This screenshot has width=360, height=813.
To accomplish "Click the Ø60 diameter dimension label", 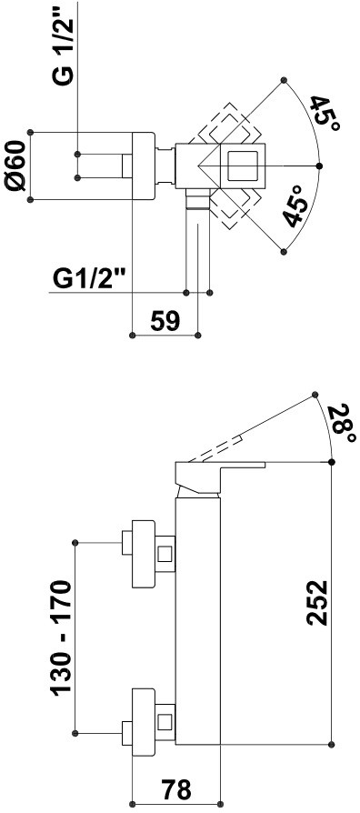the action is [17, 166].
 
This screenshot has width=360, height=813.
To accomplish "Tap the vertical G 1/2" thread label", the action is [64, 45].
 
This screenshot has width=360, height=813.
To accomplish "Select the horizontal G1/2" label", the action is [90, 280].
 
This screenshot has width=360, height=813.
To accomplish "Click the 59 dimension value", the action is [165, 321].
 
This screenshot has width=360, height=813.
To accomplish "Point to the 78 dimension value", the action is [176, 789].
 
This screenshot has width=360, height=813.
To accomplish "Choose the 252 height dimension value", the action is [317, 603].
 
